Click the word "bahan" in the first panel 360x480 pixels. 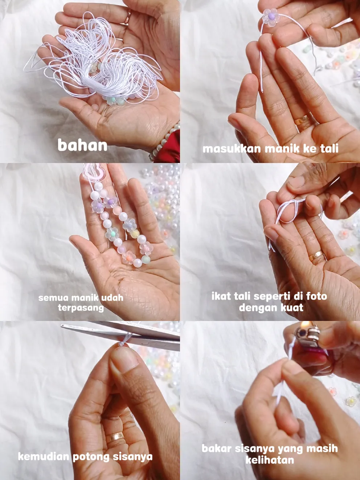tap(82, 145)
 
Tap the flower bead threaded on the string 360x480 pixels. tap(271, 17)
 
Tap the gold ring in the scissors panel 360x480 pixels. tap(117, 436)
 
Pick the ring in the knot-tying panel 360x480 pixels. tap(316, 255)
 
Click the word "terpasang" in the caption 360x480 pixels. tap(81, 308)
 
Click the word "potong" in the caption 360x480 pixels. tap(91, 457)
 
